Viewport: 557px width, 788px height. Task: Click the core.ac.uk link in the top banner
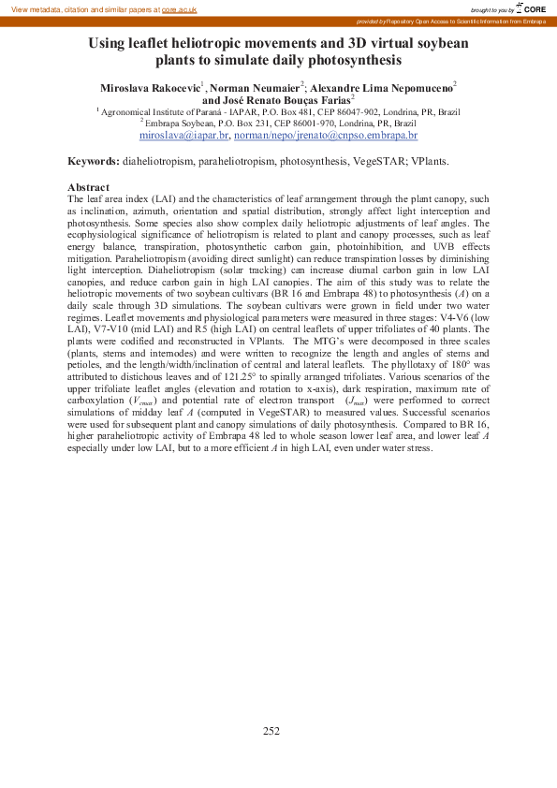point(180,8)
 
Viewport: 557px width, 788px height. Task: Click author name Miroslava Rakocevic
point(150,87)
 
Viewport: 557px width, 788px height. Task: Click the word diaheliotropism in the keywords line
point(158,161)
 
